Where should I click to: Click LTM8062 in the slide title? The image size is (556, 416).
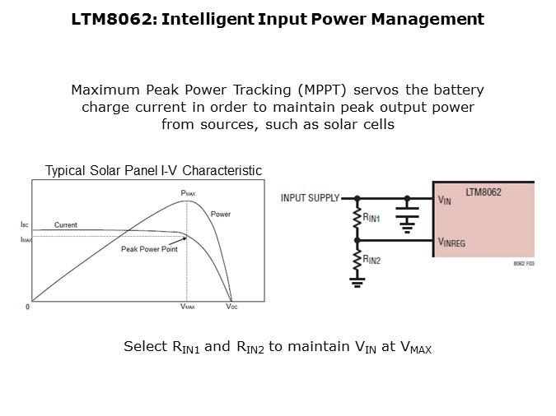pos(112,19)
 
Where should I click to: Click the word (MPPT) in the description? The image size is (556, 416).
pos(322,90)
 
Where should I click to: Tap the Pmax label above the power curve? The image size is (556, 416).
pos(188,193)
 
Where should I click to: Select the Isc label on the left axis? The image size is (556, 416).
pos(25,224)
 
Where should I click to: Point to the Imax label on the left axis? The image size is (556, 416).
pos(26,240)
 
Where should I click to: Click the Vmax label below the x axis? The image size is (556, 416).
pos(188,307)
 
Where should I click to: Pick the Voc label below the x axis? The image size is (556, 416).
pos(232,307)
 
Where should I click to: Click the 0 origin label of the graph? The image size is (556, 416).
pos(28,307)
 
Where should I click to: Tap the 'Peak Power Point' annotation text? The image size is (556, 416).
pos(149,249)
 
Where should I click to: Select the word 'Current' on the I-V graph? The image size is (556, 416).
pos(66,224)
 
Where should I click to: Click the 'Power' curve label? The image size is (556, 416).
pos(221,215)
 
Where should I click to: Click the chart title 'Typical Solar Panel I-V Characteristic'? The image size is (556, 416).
pos(153,171)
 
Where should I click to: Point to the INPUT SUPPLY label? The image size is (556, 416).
pos(311,198)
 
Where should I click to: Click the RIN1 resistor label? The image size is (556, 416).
pos(371,218)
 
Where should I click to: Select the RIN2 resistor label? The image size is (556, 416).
pos(371,260)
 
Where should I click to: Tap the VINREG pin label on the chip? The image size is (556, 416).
pos(451,243)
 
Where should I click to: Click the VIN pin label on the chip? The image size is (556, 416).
pos(445,201)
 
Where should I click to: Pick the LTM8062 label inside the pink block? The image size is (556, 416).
pos(484,192)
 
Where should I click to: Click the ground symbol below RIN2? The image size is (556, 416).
pos(357,283)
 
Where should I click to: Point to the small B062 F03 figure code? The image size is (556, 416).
pos(524,263)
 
